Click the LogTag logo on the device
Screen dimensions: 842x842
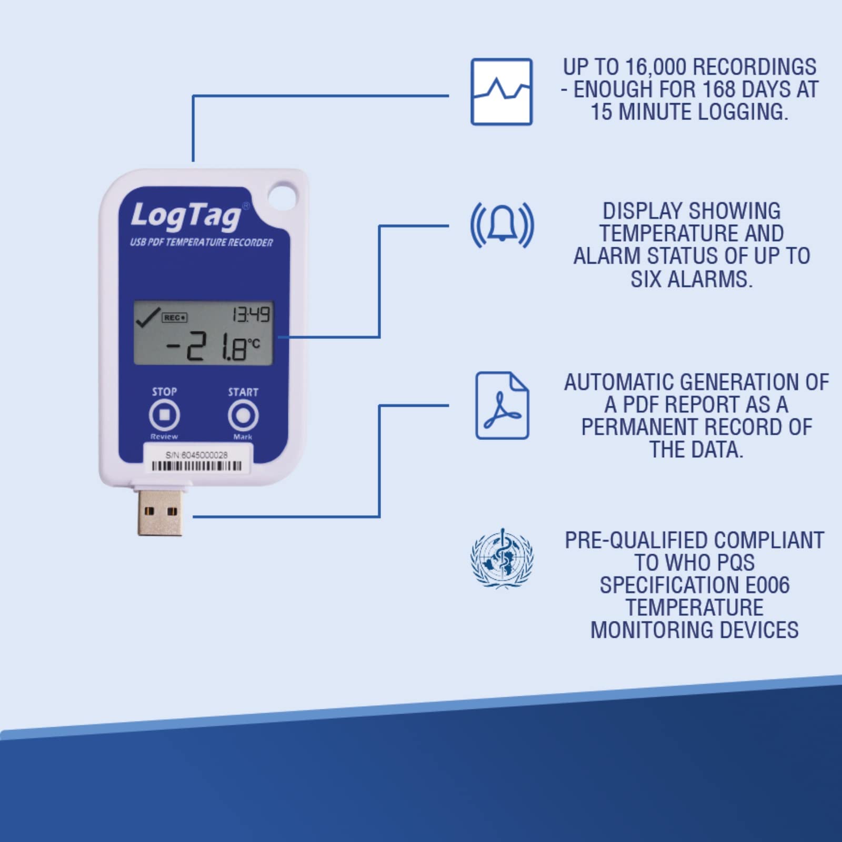point(185,215)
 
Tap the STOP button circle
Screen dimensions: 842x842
point(164,415)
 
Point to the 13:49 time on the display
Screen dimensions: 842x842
point(251,315)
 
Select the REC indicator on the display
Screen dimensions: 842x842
point(175,317)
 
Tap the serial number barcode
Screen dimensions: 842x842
point(197,466)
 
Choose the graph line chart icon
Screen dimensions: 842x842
point(502,92)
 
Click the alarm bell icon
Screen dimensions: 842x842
point(502,225)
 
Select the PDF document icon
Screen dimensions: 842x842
point(502,405)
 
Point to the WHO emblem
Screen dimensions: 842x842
point(502,558)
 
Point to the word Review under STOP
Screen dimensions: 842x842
point(164,437)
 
